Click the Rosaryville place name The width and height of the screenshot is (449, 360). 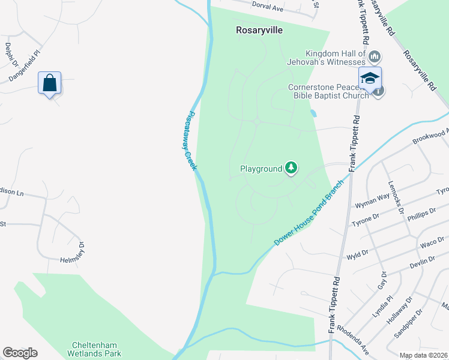(x=259, y=29)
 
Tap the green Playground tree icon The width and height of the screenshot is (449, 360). (x=291, y=168)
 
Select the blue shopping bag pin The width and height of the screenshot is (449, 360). (x=49, y=83)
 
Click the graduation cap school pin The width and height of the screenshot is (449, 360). (x=370, y=77)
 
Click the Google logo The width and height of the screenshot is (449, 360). (x=20, y=353)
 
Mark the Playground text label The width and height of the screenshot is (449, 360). (x=261, y=169)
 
